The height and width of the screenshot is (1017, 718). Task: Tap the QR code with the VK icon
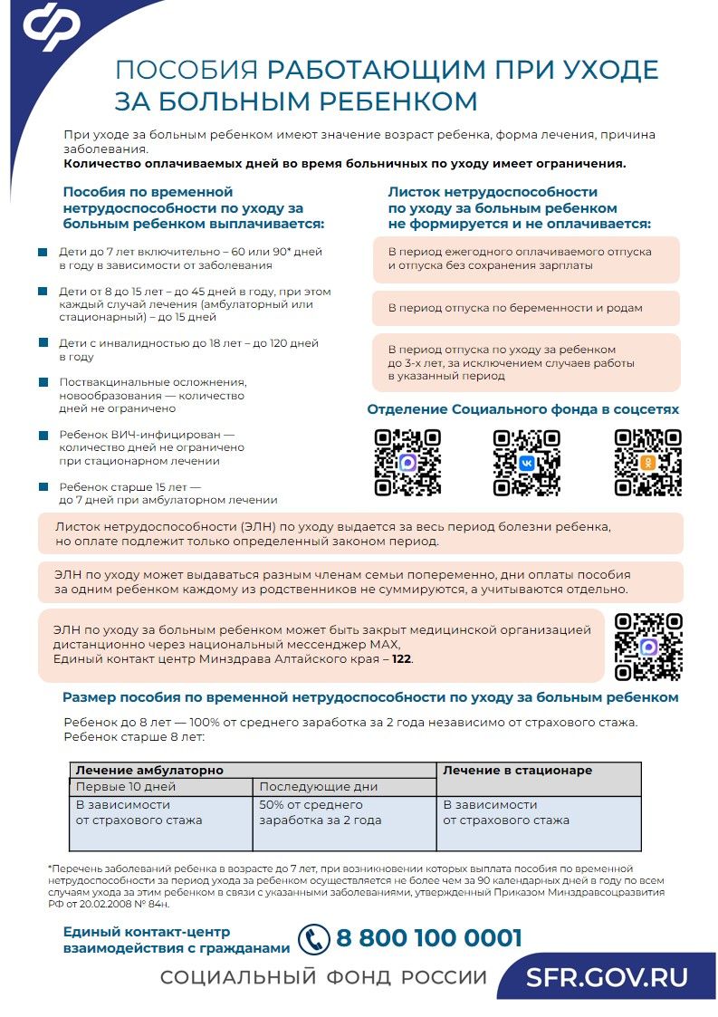(x=526, y=463)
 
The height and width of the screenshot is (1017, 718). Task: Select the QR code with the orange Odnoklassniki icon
(x=647, y=463)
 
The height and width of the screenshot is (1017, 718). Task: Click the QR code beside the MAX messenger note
(x=648, y=647)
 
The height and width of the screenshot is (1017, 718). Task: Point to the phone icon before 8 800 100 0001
(x=313, y=939)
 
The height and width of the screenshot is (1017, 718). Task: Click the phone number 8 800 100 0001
(x=429, y=938)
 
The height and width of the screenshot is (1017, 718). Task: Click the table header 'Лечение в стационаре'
(x=517, y=771)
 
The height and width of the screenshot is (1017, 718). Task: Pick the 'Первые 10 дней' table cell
(x=126, y=787)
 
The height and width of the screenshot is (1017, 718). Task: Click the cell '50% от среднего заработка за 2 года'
(x=321, y=812)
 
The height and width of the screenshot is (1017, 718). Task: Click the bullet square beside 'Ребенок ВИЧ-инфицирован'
(x=43, y=436)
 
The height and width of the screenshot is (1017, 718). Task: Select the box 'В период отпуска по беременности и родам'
(x=525, y=308)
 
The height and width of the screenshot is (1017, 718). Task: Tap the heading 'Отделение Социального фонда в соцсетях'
(x=522, y=409)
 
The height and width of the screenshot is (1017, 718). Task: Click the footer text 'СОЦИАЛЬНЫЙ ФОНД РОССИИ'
(x=323, y=978)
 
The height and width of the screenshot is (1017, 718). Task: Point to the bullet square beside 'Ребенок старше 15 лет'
(x=43, y=487)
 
